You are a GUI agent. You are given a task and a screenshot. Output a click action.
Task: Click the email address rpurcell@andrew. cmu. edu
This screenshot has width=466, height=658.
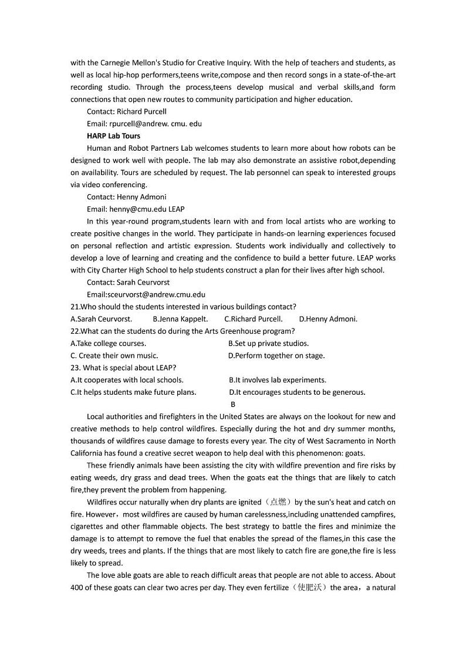(144, 124)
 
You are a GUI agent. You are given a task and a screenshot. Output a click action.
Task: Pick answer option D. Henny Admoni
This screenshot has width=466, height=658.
(328, 319)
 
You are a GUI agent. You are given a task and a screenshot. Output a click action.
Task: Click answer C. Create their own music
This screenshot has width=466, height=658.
(114, 355)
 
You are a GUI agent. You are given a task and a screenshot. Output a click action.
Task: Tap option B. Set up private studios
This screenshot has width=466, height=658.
(268, 344)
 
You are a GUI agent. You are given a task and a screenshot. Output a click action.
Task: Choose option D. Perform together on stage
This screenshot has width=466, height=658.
(276, 355)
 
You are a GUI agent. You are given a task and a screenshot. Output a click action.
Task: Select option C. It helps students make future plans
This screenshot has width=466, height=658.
(133, 392)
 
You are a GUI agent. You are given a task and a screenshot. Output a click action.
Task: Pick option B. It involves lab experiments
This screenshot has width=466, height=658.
(278, 380)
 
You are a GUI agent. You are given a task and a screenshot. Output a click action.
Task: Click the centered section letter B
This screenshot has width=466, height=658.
(233, 405)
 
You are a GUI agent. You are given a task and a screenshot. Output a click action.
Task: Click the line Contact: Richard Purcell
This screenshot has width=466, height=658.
(126, 111)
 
